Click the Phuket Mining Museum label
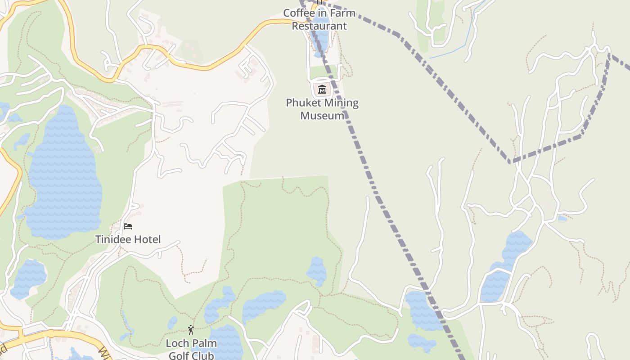322,109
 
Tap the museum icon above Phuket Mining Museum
322,89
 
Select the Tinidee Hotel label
128,239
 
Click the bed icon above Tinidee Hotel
128,226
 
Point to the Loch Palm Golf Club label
191,349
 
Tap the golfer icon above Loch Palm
191,330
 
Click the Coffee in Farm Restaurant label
319,19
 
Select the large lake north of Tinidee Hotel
63,175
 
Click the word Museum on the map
322,116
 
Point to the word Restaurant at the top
319,26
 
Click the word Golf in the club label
179,356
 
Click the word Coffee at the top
299,13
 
